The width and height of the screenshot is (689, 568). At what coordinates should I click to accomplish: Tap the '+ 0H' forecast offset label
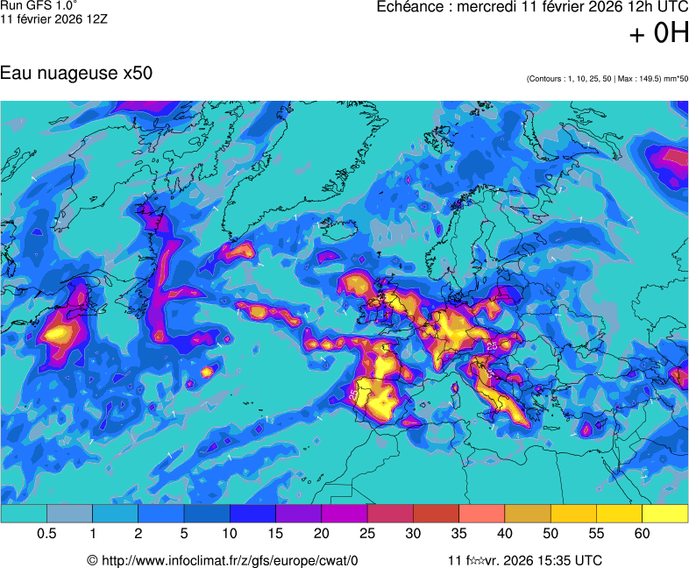pos(659,34)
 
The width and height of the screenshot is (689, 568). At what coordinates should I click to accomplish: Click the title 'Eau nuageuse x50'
pos(76,74)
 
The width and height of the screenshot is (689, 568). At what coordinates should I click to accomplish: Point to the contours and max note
pos(607,79)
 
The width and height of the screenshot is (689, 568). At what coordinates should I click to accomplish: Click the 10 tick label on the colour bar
pos(230,534)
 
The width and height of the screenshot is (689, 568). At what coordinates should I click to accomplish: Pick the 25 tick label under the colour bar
pos(367,534)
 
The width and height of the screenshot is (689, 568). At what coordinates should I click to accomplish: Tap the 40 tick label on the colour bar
pos(505,534)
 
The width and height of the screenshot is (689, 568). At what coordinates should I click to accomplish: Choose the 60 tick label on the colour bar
pos(643,534)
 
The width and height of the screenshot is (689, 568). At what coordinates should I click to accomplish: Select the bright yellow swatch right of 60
pos(665,514)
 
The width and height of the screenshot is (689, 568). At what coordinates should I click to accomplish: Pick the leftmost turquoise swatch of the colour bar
pos(24,514)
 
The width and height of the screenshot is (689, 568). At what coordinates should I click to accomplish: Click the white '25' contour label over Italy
pos(492,347)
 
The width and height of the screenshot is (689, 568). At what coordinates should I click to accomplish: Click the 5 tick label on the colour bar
pos(184,534)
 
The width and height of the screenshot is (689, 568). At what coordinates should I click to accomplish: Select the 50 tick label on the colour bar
pos(550,534)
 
